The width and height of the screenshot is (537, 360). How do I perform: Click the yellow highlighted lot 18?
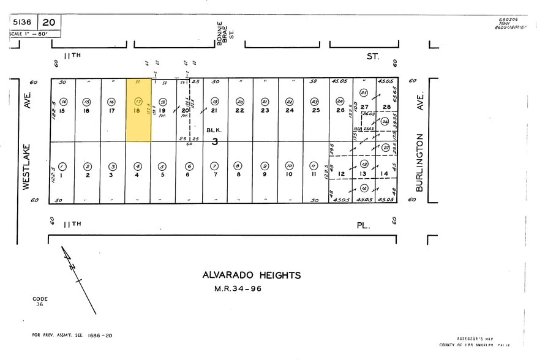[138, 110]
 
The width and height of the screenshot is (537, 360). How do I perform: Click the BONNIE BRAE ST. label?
[224, 34]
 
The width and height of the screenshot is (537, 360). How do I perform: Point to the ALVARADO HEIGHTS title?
[252, 276]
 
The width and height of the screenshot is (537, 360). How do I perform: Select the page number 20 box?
[51, 23]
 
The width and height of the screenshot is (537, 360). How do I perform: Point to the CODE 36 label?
[40, 301]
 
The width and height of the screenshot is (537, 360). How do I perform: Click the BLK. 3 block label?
[214, 135]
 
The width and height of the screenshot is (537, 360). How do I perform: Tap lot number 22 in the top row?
[240, 111]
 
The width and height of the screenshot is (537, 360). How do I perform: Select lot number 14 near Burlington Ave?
[385, 174]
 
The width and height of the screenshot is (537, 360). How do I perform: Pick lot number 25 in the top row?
[315, 111]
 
